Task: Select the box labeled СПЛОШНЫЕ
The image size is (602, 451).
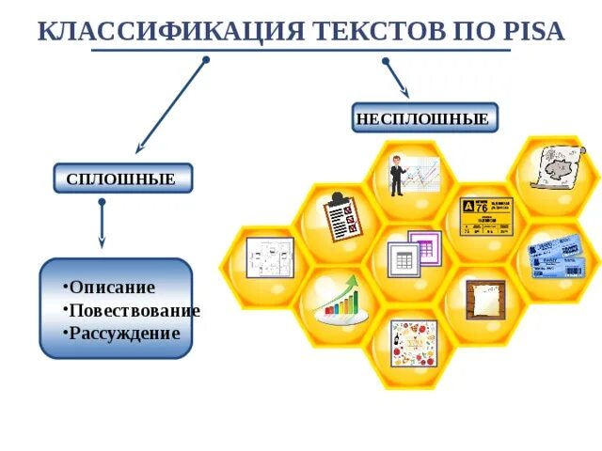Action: [x=121, y=179]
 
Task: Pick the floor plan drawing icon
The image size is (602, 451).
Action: [x=271, y=257]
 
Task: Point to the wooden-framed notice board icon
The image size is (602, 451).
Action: [x=486, y=300]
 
